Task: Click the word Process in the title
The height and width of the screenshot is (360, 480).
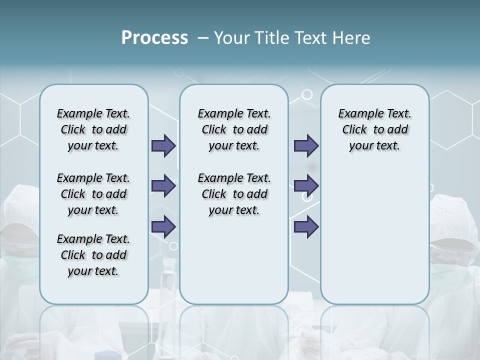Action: (154, 38)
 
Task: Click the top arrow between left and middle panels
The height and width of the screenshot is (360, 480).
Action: (163, 145)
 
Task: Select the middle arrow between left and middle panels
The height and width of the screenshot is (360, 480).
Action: (163, 186)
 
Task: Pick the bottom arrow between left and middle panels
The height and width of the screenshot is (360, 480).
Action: (163, 226)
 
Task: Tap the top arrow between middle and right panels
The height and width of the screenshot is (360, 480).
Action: (306, 145)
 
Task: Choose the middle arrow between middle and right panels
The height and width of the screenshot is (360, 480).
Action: (306, 186)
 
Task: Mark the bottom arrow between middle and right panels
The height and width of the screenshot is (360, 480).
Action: (306, 226)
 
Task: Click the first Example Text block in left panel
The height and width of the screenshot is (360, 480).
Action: (93, 129)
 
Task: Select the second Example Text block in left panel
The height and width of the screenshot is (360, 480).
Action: (93, 194)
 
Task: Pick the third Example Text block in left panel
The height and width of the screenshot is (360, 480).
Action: (93, 255)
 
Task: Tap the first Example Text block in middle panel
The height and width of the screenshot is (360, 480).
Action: (234, 129)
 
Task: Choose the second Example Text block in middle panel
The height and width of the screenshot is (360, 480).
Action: (234, 194)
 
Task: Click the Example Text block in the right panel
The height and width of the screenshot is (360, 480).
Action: (374, 129)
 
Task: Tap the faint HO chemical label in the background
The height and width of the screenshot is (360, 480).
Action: (332, 345)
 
